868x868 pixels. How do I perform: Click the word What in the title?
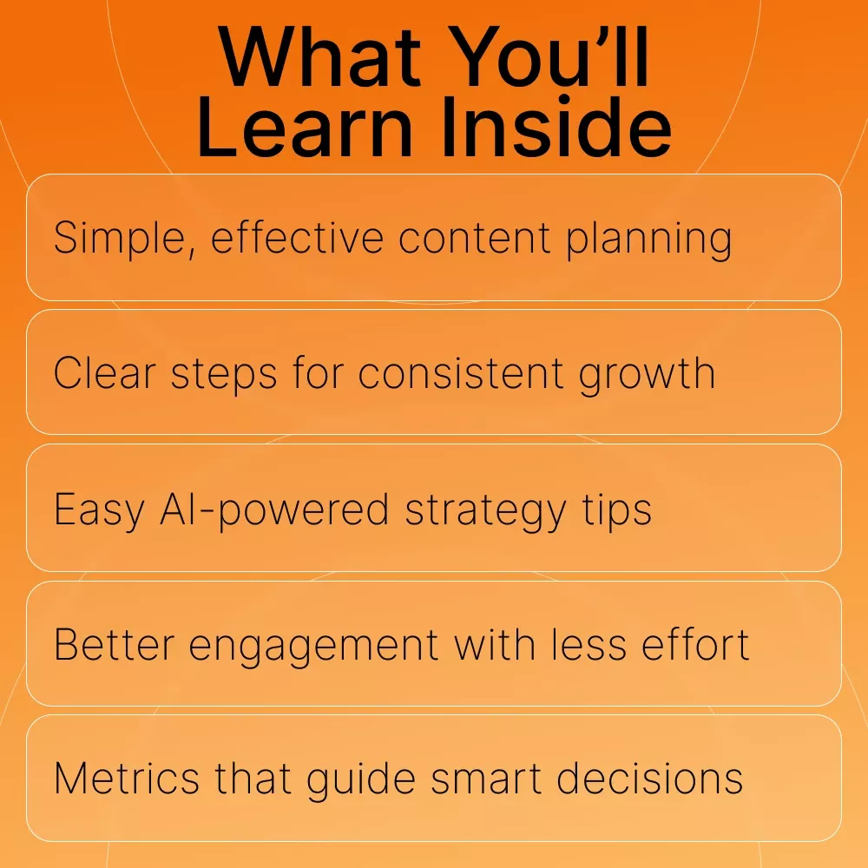tap(319, 57)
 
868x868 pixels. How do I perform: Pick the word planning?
tap(648, 240)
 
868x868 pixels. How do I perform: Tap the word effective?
tap(297, 238)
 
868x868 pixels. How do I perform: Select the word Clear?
tap(105, 373)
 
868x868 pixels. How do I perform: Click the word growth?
tap(647, 375)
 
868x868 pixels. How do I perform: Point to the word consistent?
tap(461, 373)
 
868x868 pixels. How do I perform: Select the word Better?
tap(115, 644)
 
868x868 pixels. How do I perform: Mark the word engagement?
tap(314, 646)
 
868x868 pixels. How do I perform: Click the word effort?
tap(695, 644)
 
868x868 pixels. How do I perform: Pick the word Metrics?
tap(127, 779)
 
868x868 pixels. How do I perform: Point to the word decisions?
tap(649, 778)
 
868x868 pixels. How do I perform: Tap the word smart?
tap(486, 779)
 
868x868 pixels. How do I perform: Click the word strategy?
tap(486, 511)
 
